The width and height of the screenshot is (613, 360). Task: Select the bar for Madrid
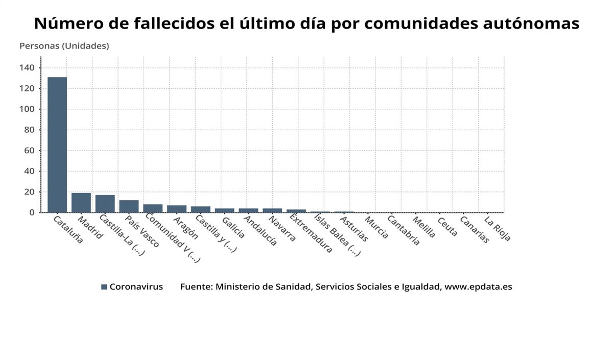pos(81,203)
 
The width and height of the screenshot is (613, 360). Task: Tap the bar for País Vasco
pos(129,206)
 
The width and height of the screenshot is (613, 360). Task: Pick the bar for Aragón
pos(177,209)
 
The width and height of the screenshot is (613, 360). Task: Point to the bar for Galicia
pos(224,210)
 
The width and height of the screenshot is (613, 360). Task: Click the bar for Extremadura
pos(296,211)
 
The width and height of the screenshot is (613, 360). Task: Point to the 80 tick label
pos(29,130)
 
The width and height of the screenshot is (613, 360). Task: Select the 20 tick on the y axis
pos(29,192)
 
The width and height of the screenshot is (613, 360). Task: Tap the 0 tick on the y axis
pos(31,212)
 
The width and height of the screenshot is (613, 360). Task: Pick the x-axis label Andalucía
pos(261,231)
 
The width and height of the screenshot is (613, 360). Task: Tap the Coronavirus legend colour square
pos(104,287)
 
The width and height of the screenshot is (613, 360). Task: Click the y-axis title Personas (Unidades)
pos(64,46)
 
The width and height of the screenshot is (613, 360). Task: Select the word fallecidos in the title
pos(169,23)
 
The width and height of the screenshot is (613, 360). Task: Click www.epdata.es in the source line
pos(478,287)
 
